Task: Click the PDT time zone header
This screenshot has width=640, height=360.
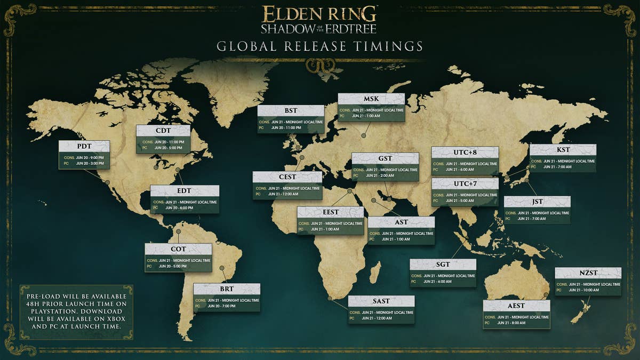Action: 84,146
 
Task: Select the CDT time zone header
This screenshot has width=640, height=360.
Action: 163,131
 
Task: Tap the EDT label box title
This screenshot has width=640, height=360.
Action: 185,191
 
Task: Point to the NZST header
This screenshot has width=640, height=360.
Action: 588,273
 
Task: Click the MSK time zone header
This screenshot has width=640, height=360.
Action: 371,99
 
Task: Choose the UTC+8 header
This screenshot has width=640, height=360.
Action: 465,153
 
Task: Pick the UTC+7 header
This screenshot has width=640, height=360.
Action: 465,184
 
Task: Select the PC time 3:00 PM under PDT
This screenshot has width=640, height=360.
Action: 90,164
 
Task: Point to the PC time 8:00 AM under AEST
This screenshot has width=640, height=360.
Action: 511,323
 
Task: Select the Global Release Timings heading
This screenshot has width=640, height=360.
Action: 320,46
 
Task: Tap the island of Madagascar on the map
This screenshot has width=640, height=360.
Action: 375,271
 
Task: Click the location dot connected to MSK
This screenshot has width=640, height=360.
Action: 363,135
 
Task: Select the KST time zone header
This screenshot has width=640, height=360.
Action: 563,150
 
